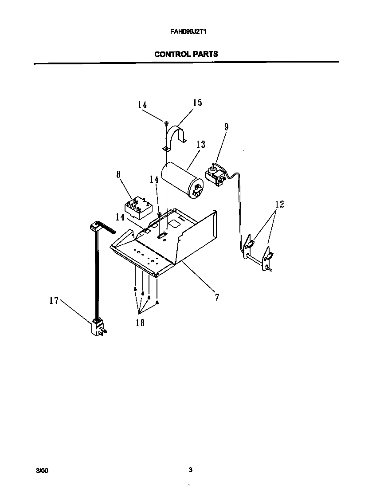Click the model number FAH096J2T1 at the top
click(186, 32)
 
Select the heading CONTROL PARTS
click(186, 54)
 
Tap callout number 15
click(197, 103)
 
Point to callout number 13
click(200, 145)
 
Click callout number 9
click(226, 127)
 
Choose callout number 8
click(119, 174)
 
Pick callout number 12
click(279, 205)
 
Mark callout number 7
click(217, 297)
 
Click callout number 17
click(54, 300)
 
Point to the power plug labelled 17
click(98, 329)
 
